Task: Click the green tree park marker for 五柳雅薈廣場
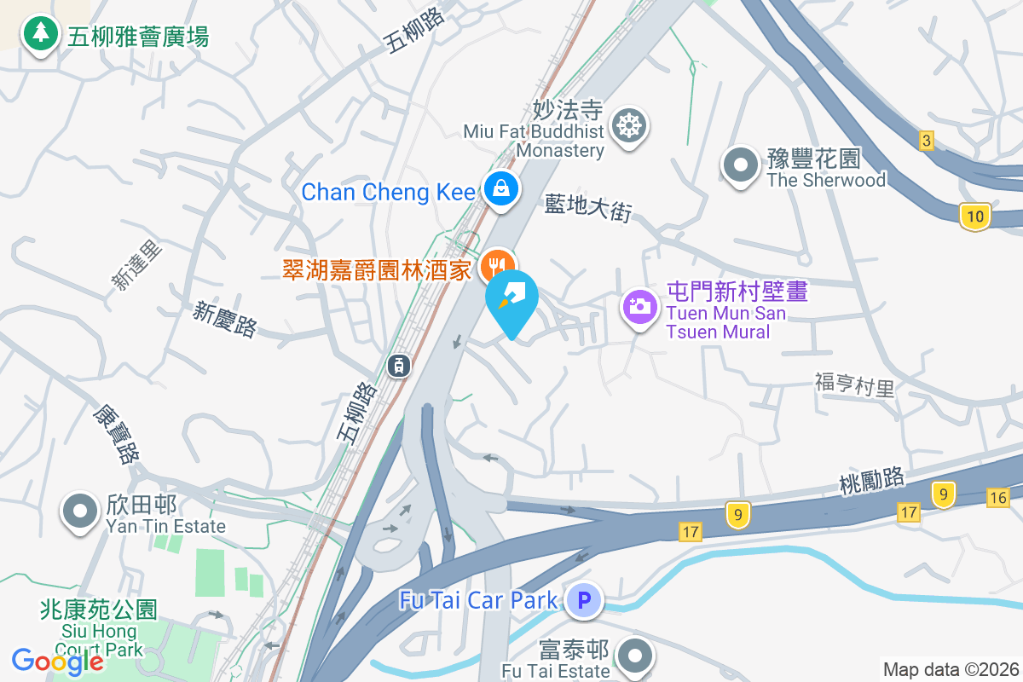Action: (39, 35)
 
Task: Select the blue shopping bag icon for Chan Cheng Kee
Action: (500, 189)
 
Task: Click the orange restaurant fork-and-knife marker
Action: (497, 267)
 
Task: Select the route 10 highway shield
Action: (975, 217)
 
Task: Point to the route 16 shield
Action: (999, 497)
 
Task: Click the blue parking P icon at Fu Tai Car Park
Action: (584, 600)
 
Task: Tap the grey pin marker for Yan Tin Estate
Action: (81, 511)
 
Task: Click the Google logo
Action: (57, 661)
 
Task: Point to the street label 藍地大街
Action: (588, 207)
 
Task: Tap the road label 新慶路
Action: (224, 320)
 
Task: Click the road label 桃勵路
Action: (871, 483)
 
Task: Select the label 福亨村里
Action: (854, 385)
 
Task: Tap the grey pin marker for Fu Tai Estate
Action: (636, 656)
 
